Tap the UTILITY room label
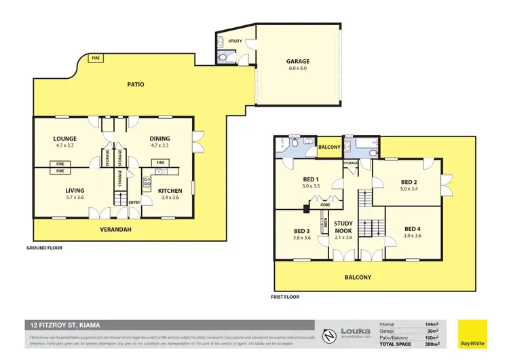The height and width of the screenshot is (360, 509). [x=235, y=41]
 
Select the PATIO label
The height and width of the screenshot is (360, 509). [x=136, y=85]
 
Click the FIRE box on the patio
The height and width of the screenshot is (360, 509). [x=96, y=59]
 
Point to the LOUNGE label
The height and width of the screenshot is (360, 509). [x=65, y=139]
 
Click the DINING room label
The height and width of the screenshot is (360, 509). [x=160, y=139]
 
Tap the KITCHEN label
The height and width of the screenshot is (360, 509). [x=170, y=191]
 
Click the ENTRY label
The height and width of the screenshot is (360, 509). [x=134, y=202]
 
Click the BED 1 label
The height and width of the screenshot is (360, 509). [x=312, y=180]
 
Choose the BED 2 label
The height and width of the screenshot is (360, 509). [x=408, y=182]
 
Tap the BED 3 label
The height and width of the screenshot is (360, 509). [x=302, y=230]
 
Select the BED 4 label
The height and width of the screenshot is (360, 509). [x=413, y=228]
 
